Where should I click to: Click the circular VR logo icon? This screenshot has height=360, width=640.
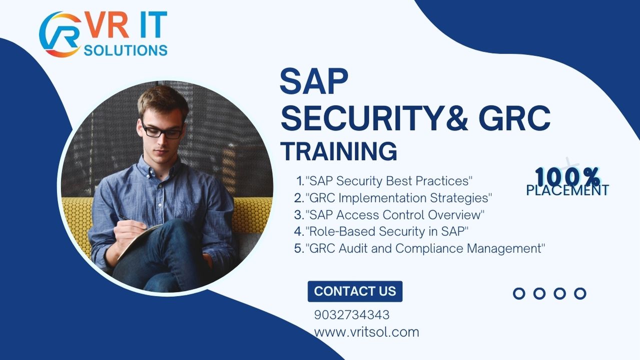coord(60,34)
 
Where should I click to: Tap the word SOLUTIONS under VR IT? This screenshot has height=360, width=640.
coord(126,50)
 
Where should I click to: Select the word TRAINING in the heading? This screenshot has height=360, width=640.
coord(338,151)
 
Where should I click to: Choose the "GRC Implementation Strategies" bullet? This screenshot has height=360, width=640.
coord(398,197)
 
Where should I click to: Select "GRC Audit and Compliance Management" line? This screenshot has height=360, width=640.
coord(425,248)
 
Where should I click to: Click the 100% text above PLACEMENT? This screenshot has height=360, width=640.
coord(567,176)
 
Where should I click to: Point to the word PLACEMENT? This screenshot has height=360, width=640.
coord(567,190)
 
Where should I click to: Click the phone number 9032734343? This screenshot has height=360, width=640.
coord(352,315)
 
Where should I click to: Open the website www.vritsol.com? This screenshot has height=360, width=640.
coord(366,332)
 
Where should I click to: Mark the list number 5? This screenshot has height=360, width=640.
coord(299,248)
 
